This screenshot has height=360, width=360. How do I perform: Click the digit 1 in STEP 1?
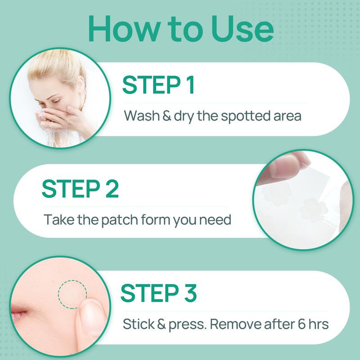coord(190,85)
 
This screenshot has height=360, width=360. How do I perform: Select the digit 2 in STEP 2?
coord(112,189)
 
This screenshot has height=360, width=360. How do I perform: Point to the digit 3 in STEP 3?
coord(190,293)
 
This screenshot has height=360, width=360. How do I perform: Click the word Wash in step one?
coord(141,116)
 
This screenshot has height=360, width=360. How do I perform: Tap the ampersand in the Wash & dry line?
coord(167,116)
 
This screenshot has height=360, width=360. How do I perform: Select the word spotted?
coord(245,116)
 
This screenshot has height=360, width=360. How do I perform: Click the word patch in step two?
coord(119,220)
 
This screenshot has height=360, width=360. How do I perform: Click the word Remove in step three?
coord(235,324)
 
